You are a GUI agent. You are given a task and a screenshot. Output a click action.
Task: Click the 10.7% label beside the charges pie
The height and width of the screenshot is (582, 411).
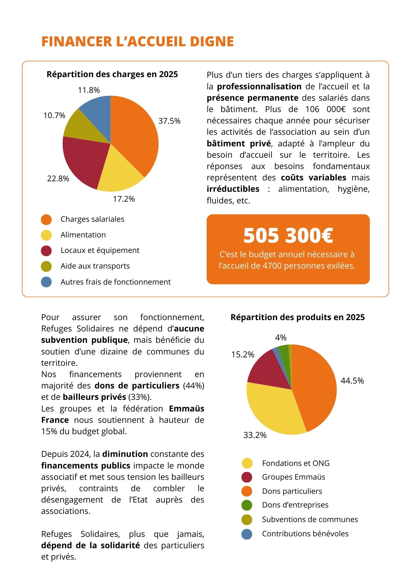point(54,116)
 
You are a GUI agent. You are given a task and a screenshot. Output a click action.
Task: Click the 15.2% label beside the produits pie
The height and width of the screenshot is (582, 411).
point(243,354)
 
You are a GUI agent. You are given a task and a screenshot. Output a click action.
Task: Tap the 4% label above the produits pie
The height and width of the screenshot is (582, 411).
point(281,338)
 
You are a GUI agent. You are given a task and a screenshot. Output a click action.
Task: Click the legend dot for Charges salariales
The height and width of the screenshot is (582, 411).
point(47,220)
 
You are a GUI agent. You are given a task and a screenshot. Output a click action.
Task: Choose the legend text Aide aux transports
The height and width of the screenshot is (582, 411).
point(95,266)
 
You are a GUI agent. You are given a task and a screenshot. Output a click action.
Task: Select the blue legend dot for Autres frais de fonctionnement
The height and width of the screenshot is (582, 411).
point(47,282)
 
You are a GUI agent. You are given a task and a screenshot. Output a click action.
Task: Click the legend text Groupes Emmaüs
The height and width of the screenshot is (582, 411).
point(294,477)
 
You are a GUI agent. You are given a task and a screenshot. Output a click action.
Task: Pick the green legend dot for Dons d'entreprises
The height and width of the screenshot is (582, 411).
point(247,505)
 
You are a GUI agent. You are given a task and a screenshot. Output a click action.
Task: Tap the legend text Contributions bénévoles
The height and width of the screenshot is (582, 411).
point(305,534)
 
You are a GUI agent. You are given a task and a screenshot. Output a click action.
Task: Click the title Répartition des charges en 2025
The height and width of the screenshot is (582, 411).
point(112,74)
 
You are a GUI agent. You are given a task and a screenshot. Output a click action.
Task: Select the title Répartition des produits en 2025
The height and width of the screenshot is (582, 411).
point(298,317)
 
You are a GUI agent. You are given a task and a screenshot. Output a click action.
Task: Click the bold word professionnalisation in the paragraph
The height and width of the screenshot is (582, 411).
point(259,86)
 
